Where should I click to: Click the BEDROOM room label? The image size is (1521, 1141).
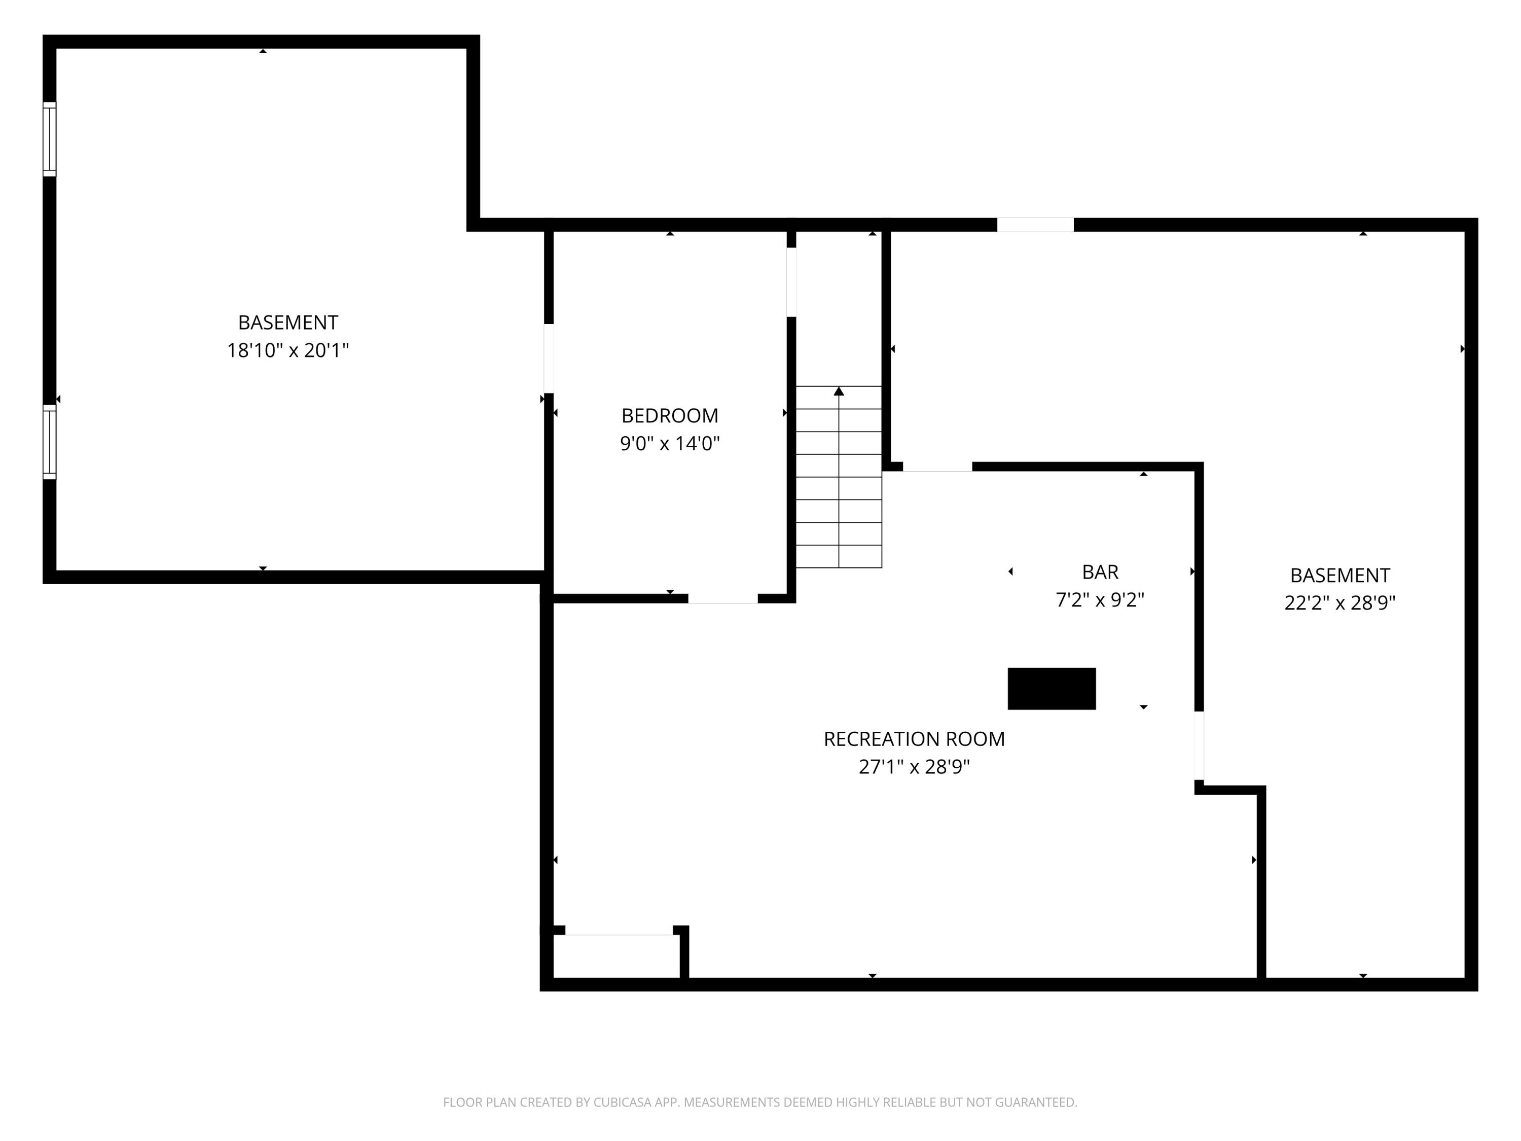click(x=669, y=415)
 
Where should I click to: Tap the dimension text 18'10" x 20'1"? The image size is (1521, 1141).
click(x=287, y=351)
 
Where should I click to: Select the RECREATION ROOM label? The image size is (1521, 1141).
click(x=914, y=739)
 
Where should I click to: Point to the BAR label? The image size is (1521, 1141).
click(x=1100, y=572)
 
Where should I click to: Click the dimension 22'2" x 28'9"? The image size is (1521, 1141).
click(x=1339, y=603)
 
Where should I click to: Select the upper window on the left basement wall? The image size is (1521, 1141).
click(x=50, y=139)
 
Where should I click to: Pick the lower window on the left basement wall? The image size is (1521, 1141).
click(x=50, y=442)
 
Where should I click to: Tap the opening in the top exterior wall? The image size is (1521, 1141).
click(x=1035, y=225)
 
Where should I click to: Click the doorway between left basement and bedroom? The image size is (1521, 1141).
click(x=549, y=359)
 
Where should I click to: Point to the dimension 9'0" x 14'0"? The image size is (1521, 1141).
click(x=669, y=444)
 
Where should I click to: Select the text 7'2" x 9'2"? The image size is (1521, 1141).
click(x=1100, y=600)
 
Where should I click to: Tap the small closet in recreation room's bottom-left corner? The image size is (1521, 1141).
click(x=617, y=957)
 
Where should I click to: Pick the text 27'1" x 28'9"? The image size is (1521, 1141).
click(x=914, y=767)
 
